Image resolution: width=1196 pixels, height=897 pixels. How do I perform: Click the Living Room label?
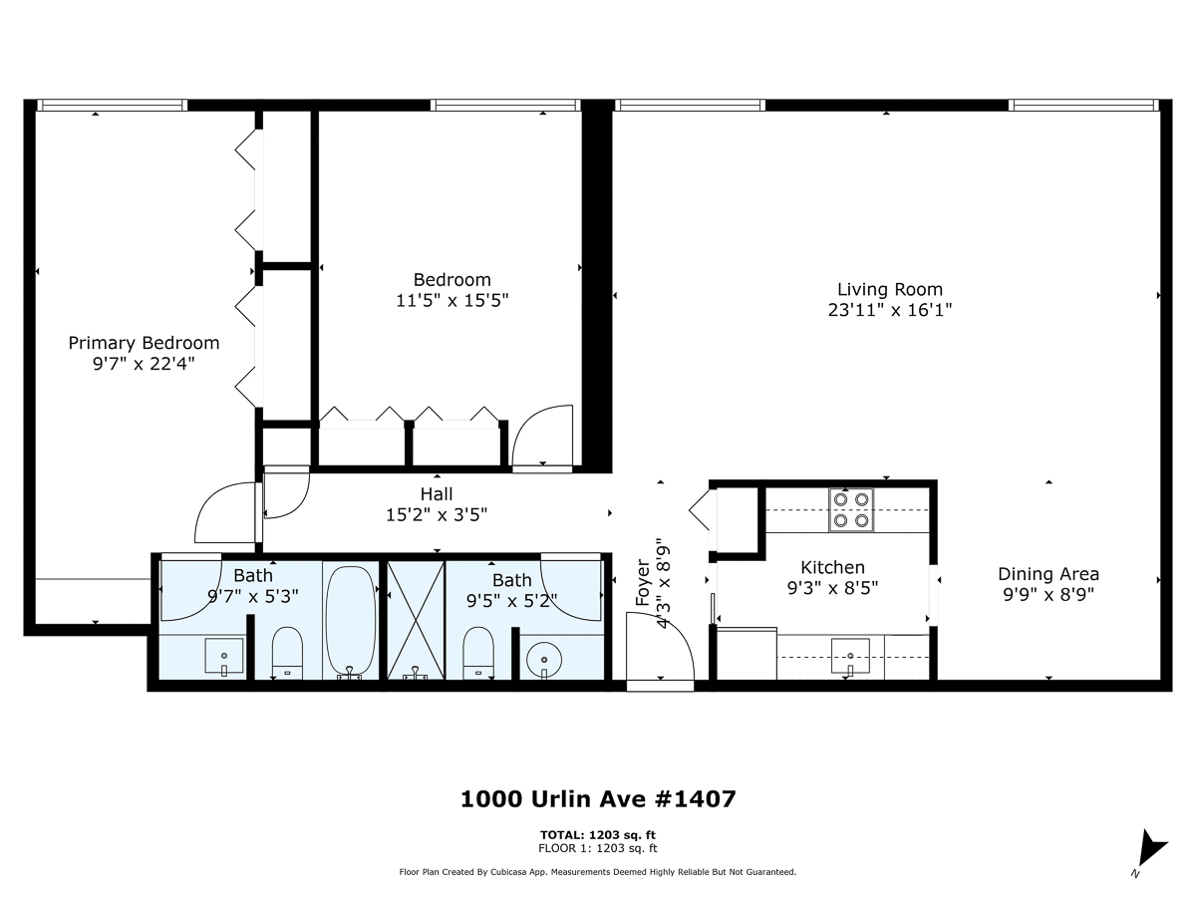tap(889, 290)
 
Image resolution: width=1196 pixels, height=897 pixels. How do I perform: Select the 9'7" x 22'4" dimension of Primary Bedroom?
tap(144, 364)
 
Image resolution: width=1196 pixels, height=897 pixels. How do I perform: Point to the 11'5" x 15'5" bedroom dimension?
tap(451, 300)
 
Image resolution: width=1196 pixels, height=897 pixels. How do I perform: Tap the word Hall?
tap(437, 494)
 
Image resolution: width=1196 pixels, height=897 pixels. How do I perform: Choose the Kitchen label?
tap(832, 567)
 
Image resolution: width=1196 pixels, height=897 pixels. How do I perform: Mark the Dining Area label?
tap(1048, 574)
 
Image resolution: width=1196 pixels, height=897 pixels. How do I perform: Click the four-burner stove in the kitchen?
tap(851, 509)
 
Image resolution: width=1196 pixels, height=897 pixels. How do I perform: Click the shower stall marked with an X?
tap(415, 620)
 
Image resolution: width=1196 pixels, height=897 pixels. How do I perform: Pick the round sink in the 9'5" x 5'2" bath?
tap(544, 658)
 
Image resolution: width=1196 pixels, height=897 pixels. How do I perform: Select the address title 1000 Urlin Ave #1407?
tap(598, 798)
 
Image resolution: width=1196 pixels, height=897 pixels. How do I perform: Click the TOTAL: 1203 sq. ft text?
tap(598, 835)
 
